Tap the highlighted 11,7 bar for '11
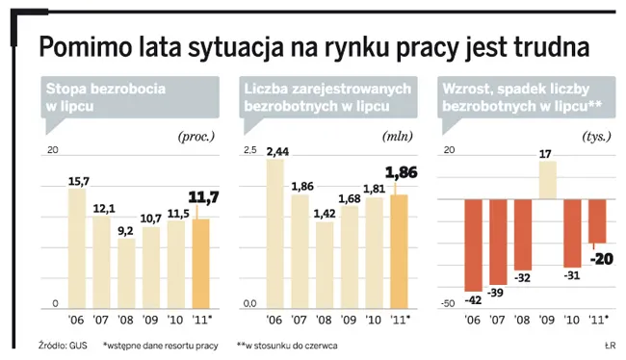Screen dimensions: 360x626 point(201,264)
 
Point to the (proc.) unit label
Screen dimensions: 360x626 point(199,136)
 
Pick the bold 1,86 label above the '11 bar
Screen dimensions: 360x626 point(402,174)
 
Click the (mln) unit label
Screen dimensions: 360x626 point(399,136)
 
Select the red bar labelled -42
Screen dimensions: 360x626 point(472,244)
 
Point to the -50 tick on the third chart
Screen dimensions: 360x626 point(448,304)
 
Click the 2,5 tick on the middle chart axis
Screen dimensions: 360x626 point(249,151)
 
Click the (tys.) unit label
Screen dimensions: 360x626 point(597,136)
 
